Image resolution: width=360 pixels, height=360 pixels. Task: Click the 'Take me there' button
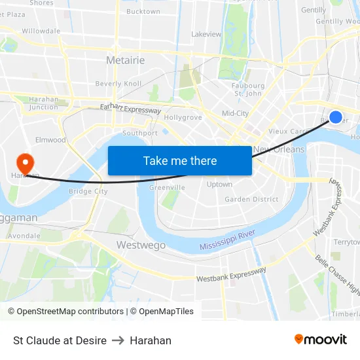point(180,160)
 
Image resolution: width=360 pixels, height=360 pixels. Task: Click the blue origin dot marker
point(335,117)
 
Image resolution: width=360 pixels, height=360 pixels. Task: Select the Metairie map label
point(125,60)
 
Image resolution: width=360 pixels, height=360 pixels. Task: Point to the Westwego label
point(141,245)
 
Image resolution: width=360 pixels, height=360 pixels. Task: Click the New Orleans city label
point(279,149)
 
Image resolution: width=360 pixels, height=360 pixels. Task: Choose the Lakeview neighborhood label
point(206,33)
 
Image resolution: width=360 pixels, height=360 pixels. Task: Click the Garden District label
point(251,200)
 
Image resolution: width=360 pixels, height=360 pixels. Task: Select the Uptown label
point(219,185)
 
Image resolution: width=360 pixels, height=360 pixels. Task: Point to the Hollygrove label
point(183,117)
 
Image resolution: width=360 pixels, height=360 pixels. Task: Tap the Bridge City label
point(88,191)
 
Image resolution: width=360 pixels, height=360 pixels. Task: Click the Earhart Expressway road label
point(130,109)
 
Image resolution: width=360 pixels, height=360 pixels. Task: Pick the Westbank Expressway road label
point(232,275)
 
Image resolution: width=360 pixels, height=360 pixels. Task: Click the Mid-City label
point(235,113)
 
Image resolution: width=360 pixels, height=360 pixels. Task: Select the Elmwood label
point(51,139)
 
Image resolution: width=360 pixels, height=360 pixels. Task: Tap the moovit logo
point(321,340)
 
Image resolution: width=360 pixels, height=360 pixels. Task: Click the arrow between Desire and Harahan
point(118,340)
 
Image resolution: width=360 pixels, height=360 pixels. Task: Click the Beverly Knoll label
point(118,84)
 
